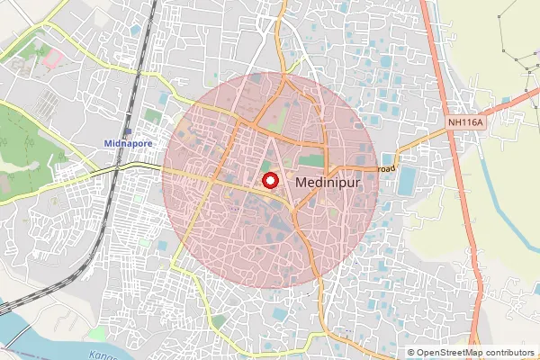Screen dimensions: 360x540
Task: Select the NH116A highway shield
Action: point(465,120)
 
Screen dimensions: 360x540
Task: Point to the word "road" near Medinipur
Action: point(386,168)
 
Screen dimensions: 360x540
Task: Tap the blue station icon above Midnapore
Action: point(127,131)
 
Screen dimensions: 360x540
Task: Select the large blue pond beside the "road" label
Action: point(407,180)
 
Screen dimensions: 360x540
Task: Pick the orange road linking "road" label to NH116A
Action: point(423,144)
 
